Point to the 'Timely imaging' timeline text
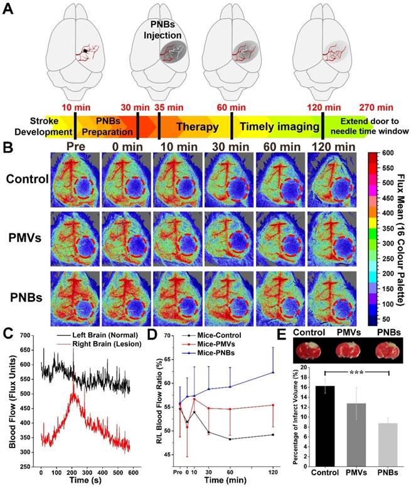(x=277, y=127)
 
